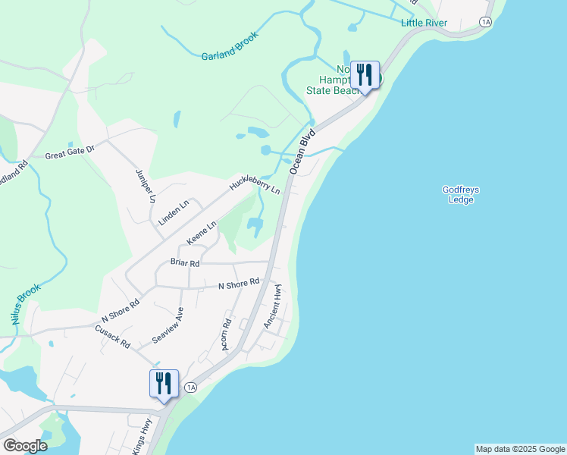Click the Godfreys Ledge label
coord(461,195)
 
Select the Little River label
coord(424,23)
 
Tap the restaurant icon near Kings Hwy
coord(164,384)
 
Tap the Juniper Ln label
coord(145,185)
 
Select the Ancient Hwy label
coord(273,306)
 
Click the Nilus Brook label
coord(26,305)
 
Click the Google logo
coord(24,446)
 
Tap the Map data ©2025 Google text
coord(519,449)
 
